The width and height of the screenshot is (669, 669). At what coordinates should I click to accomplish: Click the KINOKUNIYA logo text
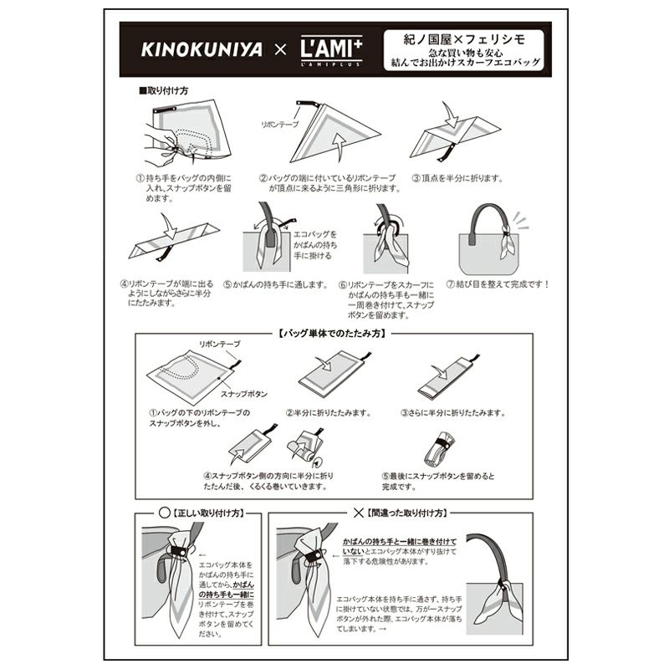(202, 49)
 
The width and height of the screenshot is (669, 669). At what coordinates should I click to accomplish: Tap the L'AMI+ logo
(331, 50)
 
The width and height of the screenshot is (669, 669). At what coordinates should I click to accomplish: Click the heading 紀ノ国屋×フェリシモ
(464, 39)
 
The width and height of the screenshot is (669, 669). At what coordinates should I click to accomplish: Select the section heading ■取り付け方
(163, 90)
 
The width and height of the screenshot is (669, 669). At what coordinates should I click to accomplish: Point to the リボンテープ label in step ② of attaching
(280, 124)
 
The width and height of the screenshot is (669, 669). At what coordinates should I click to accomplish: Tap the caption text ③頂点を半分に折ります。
(457, 178)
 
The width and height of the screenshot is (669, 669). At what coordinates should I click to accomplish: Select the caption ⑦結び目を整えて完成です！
(498, 283)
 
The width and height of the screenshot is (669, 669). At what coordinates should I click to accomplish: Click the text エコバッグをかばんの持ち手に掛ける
(315, 245)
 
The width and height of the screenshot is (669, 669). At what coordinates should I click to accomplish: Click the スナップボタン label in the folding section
(244, 394)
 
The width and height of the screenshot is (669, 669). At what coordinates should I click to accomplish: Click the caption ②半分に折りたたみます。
(329, 413)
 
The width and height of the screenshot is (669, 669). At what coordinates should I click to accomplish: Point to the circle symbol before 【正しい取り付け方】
(164, 513)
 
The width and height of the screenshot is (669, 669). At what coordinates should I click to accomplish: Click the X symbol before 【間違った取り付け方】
(359, 513)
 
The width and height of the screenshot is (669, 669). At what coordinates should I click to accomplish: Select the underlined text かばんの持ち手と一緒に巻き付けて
(400, 542)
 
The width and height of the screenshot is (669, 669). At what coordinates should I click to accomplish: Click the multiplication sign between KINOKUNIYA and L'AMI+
(280, 50)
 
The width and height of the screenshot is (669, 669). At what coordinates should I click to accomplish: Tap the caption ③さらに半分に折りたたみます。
(453, 413)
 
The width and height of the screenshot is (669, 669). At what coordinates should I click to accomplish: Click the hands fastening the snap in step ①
(163, 146)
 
